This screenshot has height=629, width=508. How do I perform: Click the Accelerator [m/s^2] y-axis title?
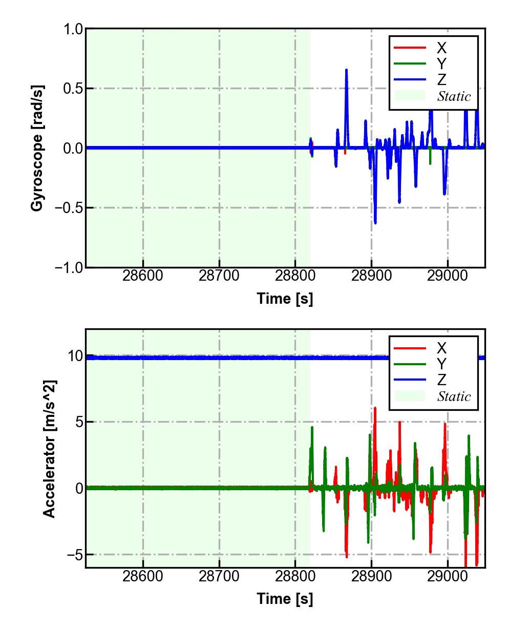[49, 448]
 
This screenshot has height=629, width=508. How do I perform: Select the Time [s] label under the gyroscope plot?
[285, 299]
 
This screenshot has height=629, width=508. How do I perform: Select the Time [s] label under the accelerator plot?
[285, 598]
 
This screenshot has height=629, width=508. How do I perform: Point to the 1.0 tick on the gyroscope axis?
[73, 29]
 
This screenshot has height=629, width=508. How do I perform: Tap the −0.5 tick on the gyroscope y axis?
[69, 207]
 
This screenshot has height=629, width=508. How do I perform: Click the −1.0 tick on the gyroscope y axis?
[69, 267]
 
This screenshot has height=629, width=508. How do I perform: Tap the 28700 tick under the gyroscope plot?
[219, 276]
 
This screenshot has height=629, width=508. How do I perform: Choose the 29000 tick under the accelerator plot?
[448, 576]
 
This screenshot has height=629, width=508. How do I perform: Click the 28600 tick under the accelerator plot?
[143, 576]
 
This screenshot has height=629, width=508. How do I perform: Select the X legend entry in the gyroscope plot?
[441, 48]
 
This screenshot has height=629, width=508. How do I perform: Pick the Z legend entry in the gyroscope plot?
[441, 80]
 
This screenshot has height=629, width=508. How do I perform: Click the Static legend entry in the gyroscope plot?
[454, 96]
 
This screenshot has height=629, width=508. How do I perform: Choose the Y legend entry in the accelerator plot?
[441, 364]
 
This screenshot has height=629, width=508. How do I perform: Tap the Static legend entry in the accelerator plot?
[454, 396]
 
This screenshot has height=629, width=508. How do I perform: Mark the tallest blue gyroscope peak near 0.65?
[346, 70]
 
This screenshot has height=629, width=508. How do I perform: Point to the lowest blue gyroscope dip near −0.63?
[375, 223]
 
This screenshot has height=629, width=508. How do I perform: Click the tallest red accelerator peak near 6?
[375, 408]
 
